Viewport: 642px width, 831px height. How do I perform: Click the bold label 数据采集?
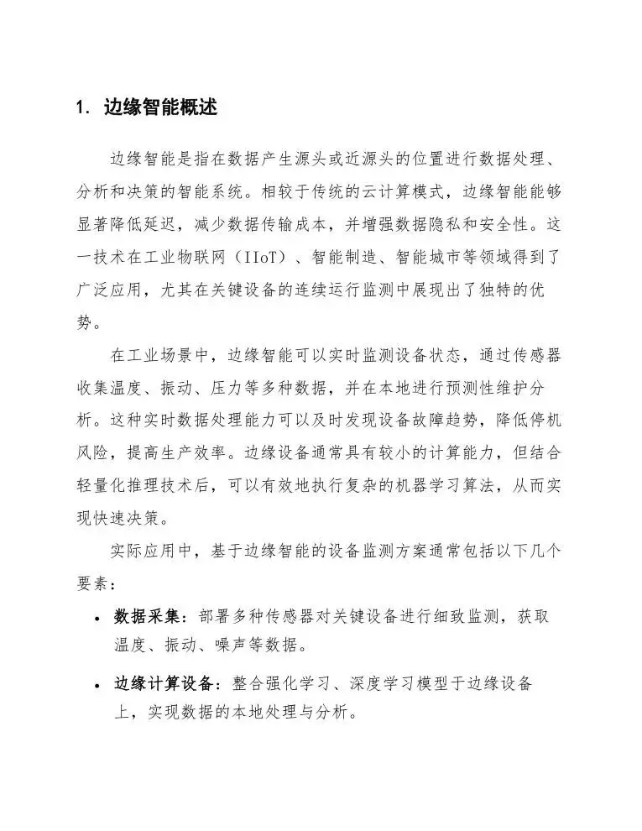148,617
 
